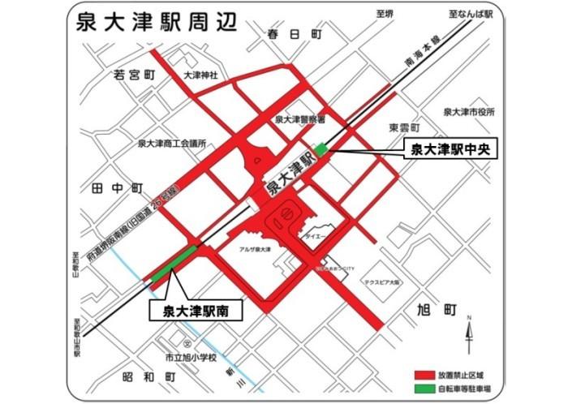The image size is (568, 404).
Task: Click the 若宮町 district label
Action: (x=134, y=75)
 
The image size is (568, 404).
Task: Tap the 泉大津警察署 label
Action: (x=299, y=118)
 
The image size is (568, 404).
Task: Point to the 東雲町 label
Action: (x=403, y=128)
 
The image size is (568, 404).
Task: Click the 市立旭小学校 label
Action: (x=191, y=357)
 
